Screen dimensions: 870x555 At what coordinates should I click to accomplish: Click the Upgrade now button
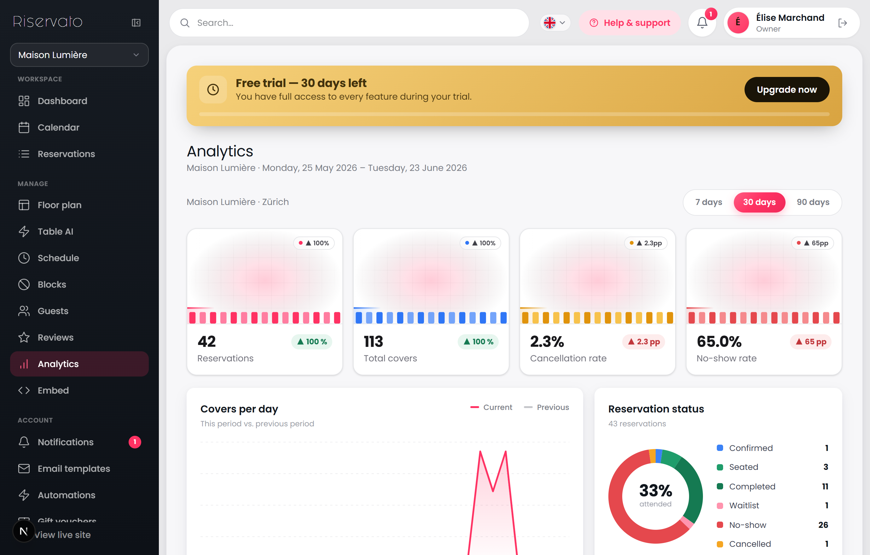[x=786, y=89]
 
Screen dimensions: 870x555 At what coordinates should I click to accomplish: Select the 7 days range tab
[x=709, y=202]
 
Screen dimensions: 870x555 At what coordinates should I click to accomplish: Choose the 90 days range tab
[x=813, y=202]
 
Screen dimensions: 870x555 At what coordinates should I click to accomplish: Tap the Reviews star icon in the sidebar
[x=24, y=337]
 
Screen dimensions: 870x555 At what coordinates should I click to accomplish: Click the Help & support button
[x=629, y=23]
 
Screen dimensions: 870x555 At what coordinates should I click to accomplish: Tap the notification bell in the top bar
[x=702, y=23]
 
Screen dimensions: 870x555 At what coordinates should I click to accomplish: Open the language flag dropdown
[x=554, y=23]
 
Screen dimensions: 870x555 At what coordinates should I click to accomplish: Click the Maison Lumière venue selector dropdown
[x=79, y=55]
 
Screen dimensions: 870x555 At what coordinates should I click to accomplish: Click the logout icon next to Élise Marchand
[x=842, y=23]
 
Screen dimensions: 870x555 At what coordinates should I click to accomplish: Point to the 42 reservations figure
[x=207, y=342]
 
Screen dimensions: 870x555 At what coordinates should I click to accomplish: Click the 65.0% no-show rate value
[x=719, y=342]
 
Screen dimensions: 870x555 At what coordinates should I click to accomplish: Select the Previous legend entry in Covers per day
[x=546, y=407]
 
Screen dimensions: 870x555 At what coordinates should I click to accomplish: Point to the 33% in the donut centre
[x=655, y=490]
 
